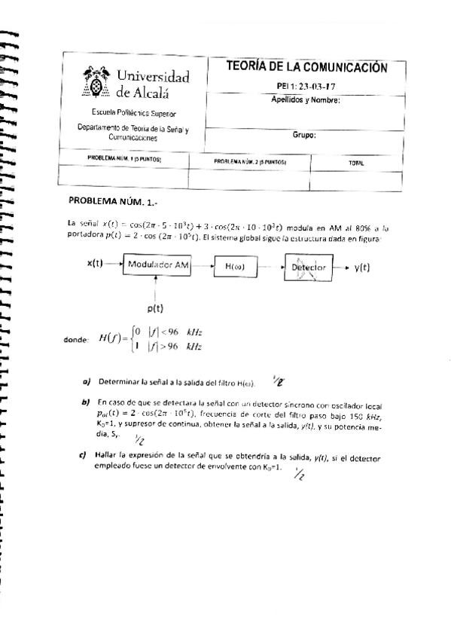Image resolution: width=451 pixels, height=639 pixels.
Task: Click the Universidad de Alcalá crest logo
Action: click(x=96, y=82)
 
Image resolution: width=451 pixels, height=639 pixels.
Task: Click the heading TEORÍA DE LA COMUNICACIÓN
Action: click(x=306, y=68)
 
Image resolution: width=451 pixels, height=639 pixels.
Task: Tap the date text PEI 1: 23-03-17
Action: click(x=306, y=86)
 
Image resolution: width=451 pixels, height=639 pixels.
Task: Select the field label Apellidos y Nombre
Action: click(x=306, y=99)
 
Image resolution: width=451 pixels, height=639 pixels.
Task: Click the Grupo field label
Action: click(x=304, y=136)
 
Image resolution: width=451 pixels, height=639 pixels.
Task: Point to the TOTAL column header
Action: click(x=356, y=162)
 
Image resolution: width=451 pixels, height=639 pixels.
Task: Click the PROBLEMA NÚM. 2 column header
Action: click(x=251, y=162)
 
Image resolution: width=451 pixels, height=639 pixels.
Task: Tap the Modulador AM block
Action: click(x=158, y=265)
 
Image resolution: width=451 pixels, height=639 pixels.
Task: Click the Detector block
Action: click(x=308, y=268)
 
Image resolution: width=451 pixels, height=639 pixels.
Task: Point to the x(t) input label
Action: click(x=96, y=264)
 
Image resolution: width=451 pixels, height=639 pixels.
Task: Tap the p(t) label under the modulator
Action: click(x=156, y=308)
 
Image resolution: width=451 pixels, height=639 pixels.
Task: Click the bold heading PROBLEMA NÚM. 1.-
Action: click(x=114, y=201)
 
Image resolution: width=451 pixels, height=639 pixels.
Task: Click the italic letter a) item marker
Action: click(x=87, y=381)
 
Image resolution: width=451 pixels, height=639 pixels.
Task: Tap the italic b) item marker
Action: click(x=85, y=402)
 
